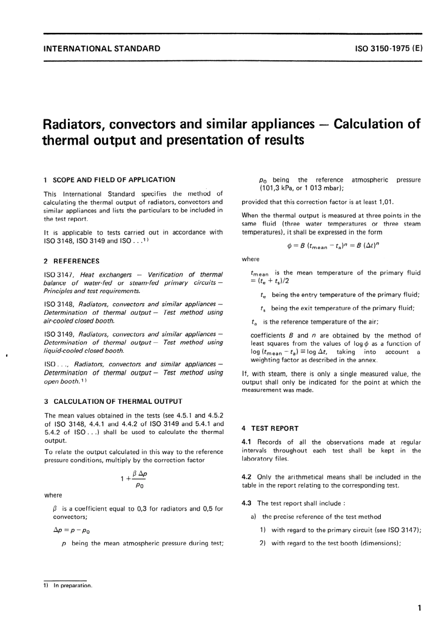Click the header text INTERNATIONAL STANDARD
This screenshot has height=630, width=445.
coord(101,48)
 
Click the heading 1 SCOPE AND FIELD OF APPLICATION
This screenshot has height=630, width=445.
coord(110,180)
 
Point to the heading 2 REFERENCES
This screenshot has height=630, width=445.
coord(72,261)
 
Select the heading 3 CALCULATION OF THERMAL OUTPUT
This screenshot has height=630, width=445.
coord(113,402)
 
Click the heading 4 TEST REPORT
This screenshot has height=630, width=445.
coord(270,428)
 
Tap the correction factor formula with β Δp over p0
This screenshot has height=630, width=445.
coord(134,480)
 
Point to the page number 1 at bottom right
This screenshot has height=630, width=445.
coord(419,608)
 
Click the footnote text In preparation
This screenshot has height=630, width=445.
coord(73,585)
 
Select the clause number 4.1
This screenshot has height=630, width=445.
coord(247,442)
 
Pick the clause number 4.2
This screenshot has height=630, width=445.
coord(247,477)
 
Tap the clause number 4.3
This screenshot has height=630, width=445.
coord(247,503)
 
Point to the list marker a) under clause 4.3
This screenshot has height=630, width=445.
coord(253,517)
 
